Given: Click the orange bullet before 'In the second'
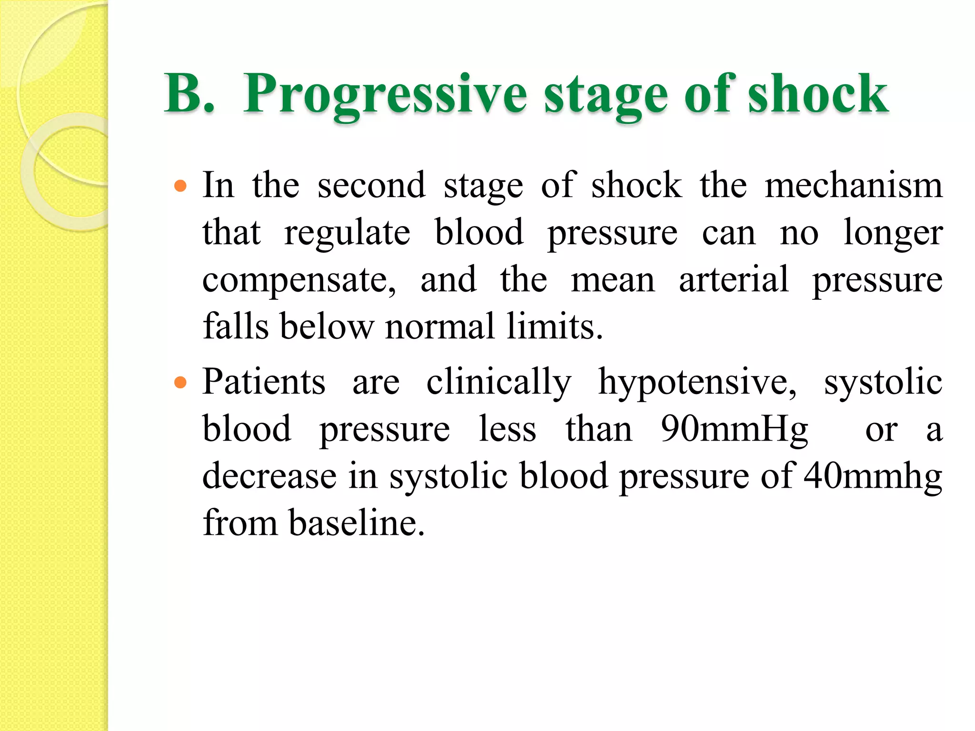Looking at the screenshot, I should tap(180, 186).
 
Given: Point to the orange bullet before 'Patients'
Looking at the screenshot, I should tap(180, 382).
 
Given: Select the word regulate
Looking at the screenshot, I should tap(347, 233).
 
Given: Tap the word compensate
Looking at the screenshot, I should tap(298, 280).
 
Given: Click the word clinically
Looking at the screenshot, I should tap(498, 382).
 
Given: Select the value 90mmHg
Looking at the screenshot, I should tap(734, 429).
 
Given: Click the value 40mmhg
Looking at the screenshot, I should tap(873, 476).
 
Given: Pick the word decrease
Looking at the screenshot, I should tap(269, 476).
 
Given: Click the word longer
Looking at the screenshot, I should tap(893, 233).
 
